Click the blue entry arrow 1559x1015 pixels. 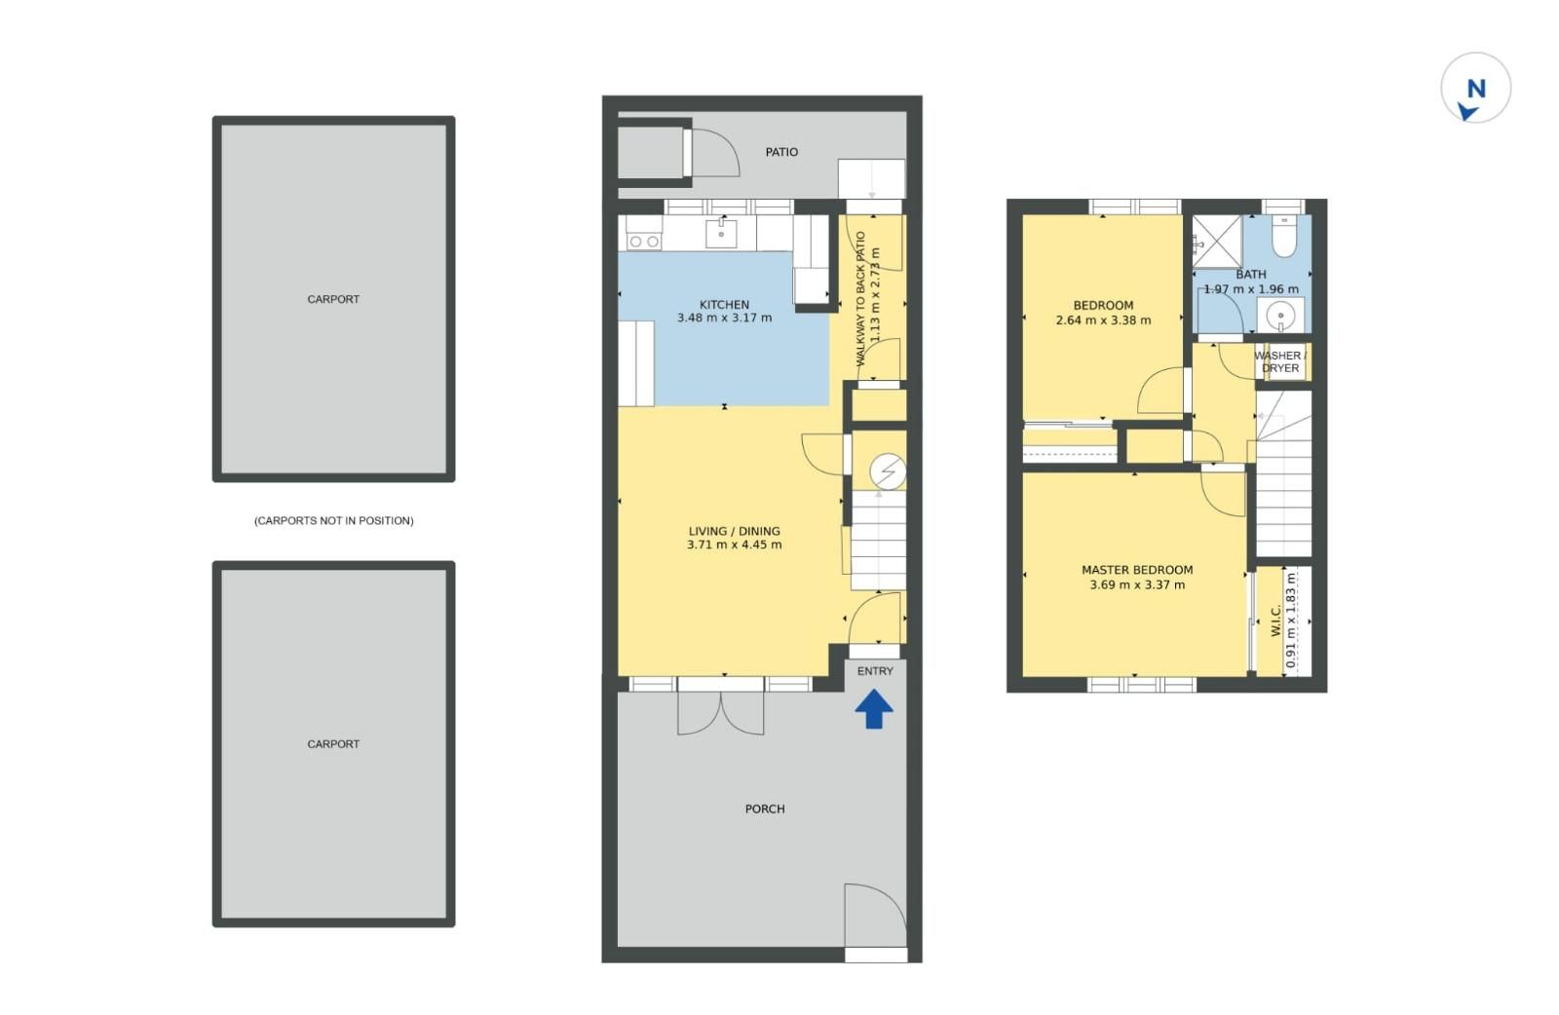click(x=874, y=709)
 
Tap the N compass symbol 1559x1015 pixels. click(x=1475, y=88)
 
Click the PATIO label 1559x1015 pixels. click(x=781, y=152)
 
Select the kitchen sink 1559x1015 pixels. click(x=721, y=234)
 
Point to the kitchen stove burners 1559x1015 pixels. click(x=644, y=242)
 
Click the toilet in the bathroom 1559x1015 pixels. click(x=1284, y=237)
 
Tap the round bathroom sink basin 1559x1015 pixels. click(x=1280, y=317)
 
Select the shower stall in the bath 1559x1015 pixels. click(x=1217, y=242)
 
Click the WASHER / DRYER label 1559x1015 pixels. click(x=1280, y=361)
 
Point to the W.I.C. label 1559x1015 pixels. click(x=1275, y=620)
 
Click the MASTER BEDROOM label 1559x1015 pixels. click(x=1137, y=570)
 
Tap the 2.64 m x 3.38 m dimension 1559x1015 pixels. click(x=1103, y=320)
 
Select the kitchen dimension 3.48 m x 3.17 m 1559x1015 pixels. click(x=725, y=318)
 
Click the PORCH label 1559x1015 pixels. click(x=765, y=809)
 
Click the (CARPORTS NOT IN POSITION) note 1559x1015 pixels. click(x=333, y=520)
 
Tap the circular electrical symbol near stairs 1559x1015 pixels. click(x=888, y=471)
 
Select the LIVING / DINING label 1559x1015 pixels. click(x=735, y=531)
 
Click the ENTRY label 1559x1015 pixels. click(x=875, y=671)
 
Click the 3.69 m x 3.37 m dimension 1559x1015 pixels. click(x=1137, y=585)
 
